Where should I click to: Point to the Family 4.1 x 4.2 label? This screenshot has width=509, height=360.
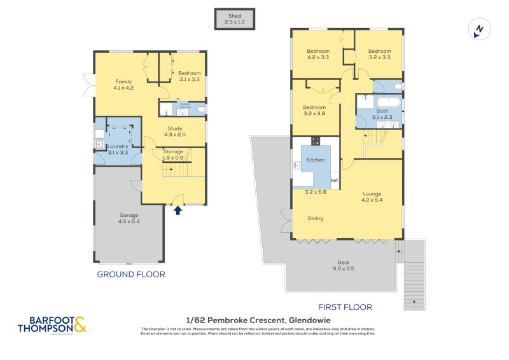click(x=123, y=85)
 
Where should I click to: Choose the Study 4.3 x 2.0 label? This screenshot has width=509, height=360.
click(x=174, y=132)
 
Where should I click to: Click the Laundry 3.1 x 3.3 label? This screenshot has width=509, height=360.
click(x=118, y=150)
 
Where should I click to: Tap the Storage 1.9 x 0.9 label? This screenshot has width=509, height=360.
click(x=173, y=155)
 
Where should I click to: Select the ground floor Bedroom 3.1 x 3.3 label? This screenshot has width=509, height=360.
click(x=189, y=76)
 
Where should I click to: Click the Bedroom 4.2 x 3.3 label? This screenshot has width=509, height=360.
click(x=318, y=54)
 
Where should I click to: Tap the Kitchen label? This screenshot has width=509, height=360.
click(x=316, y=160)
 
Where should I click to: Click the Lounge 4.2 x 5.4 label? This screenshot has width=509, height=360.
click(x=372, y=197)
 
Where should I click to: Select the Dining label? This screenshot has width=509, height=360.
click(x=315, y=218)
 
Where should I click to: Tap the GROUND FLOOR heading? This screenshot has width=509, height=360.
click(x=131, y=274)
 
